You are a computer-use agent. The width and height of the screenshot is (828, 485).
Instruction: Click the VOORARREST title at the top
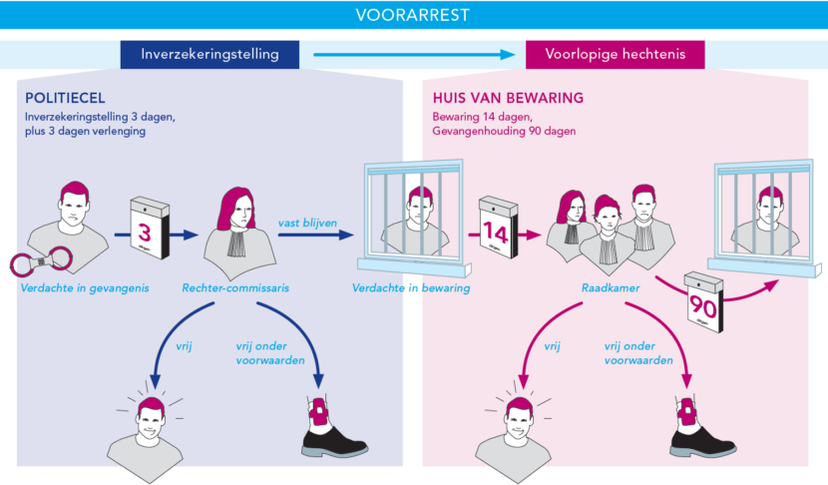(x=413, y=15)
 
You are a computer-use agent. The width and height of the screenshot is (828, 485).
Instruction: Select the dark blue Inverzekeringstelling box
(x=210, y=54)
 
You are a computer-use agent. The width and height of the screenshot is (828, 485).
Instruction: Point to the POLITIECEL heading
(x=64, y=99)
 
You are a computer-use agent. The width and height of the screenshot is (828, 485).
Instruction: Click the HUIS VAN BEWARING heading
(x=507, y=99)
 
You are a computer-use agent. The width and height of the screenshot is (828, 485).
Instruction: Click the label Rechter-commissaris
(x=235, y=289)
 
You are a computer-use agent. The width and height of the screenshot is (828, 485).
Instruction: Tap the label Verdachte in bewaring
(x=411, y=289)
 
